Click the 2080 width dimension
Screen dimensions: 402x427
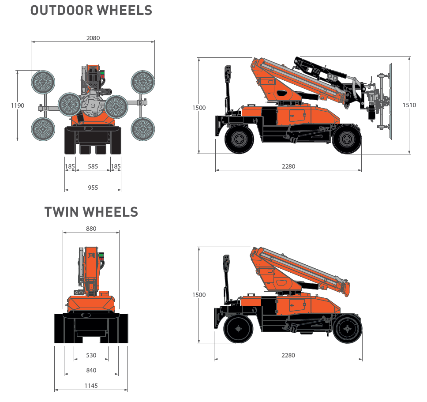coord(93,38)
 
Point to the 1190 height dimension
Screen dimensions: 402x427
coord(18,105)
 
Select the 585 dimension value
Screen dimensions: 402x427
coord(93,166)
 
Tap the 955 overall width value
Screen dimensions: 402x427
coord(93,187)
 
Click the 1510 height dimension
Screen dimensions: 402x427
coord(409,105)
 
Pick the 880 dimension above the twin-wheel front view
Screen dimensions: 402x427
coord(91,229)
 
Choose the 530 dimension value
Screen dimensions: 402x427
coord(91,355)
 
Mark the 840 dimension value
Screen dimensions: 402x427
coord(91,370)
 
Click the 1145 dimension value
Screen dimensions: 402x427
coord(91,386)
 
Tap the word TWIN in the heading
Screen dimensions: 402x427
coord(61,212)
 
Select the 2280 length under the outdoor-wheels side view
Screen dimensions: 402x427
coord(288,166)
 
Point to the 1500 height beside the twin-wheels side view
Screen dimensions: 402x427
coord(199,295)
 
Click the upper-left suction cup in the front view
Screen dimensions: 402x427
coord(43,82)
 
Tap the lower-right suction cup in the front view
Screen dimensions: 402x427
coord(142,129)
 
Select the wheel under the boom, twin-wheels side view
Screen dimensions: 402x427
coord(348,329)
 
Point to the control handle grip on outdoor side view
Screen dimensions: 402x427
coord(228,73)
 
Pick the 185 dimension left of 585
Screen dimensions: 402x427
coord(70,166)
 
